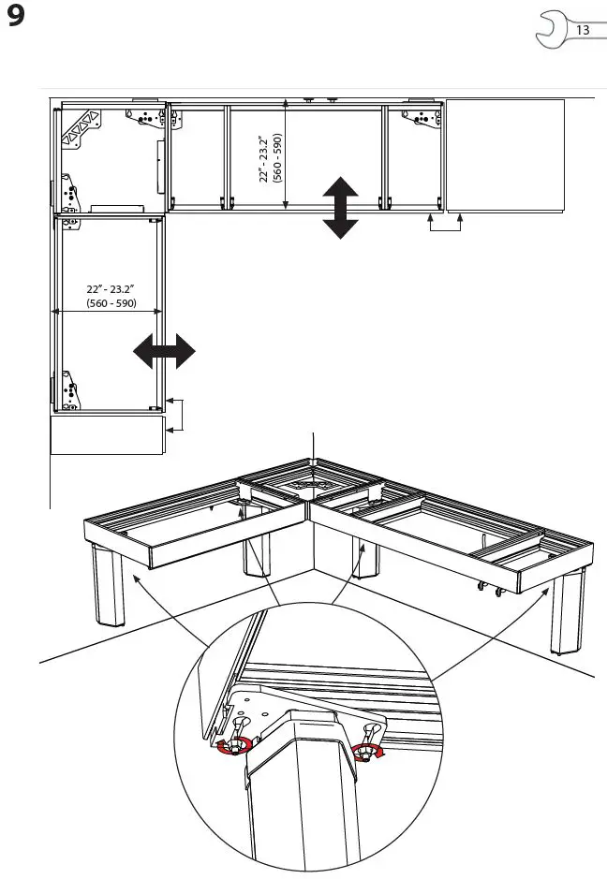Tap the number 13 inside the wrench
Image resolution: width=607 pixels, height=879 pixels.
(x=582, y=30)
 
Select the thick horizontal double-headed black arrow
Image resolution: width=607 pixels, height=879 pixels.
(x=164, y=353)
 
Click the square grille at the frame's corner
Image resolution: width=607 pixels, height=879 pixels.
(x=311, y=485)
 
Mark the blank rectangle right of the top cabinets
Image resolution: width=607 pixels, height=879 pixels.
(x=505, y=155)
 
